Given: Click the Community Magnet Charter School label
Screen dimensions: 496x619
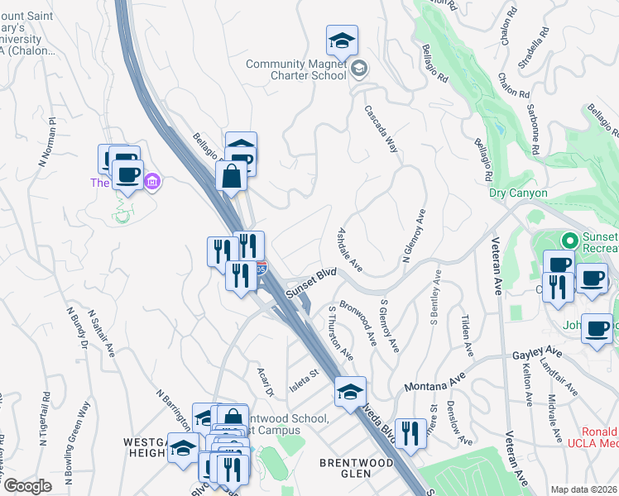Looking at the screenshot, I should coord(296,69).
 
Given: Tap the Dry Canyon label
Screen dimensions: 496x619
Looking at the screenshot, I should coord(518,193).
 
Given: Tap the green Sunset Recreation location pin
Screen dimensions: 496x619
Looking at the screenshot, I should coord(569,241).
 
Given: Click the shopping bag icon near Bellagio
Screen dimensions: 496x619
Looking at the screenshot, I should coord(230,175).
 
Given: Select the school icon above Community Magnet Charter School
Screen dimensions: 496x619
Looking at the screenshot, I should coord(340,40).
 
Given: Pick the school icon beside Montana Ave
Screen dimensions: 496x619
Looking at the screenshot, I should coord(351,389).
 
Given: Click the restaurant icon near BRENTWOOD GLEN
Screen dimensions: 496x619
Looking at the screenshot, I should coord(410,432).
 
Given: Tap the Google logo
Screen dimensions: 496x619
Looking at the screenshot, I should coord(27,486).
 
